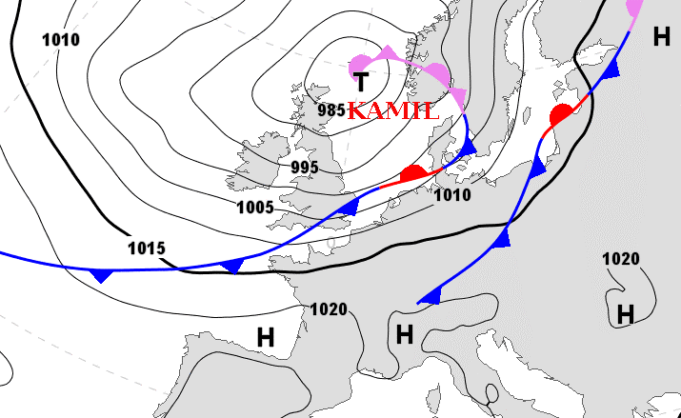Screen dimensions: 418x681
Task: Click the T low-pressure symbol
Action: (x=362, y=82)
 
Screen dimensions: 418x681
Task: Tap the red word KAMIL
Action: (x=393, y=110)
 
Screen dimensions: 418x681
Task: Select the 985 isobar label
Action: (x=330, y=109)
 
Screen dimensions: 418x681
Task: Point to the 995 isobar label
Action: (x=305, y=168)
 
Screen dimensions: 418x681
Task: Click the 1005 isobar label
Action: (x=255, y=207)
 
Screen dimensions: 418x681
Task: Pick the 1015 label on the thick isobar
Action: (x=146, y=249)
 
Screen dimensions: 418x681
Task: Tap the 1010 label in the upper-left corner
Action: (x=61, y=39)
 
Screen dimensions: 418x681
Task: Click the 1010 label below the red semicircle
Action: (x=451, y=195)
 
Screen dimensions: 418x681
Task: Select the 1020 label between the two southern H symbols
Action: (x=329, y=309)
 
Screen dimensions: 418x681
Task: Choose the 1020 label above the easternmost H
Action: (x=621, y=259)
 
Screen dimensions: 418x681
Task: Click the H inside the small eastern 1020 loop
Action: (x=625, y=313)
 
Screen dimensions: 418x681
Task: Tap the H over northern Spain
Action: (x=265, y=336)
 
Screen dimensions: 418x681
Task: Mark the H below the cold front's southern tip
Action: (x=405, y=333)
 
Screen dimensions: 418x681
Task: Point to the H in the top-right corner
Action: (x=661, y=37)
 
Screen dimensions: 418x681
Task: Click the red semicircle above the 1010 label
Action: (x=412, y=173)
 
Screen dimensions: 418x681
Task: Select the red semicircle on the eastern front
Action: (x=562, y=115)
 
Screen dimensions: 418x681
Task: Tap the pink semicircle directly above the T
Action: (x=360, y=59)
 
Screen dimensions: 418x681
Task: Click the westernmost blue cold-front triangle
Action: (x=100, y=275)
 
